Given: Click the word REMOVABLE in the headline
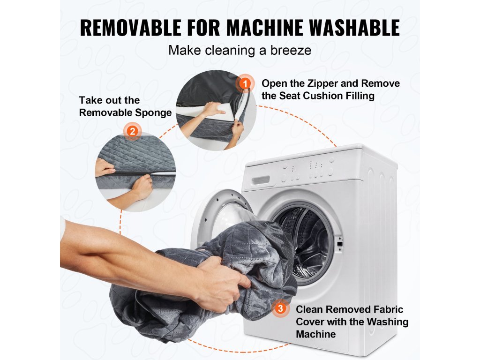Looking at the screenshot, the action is (130, 28).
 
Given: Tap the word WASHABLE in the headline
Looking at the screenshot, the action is (354, 28).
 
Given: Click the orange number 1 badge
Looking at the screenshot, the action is (245, 83).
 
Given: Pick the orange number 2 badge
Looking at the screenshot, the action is (132, 131).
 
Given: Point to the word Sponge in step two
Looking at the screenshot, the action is (153, 113).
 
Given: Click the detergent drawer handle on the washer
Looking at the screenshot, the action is (261, 180).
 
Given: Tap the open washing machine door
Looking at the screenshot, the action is (222, 214).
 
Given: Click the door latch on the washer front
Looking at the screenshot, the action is (340, 244).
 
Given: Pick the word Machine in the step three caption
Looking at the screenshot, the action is (316, 334).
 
